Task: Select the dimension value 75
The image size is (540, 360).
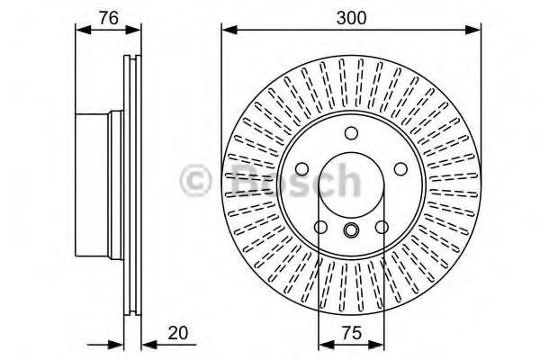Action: pyautogui.click(x=351, y=333)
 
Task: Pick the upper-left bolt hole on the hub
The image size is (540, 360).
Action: pyautogui.click(x=302, y=168)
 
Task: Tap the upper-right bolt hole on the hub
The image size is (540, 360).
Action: pyautogui.click(x=399, y=168)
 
